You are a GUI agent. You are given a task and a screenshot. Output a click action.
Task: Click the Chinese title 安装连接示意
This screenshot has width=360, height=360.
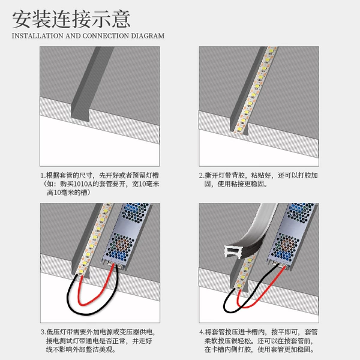tap(71, 19)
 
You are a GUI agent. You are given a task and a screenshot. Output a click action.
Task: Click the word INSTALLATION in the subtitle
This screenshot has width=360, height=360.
tap(37, 36)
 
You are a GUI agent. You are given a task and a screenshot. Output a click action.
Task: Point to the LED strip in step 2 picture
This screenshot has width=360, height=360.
tap(255, 89)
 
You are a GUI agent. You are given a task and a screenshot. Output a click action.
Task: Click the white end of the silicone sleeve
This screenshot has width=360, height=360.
tap(232, 252)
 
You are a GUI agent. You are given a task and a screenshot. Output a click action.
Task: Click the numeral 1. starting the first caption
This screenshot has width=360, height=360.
tap(43, 176)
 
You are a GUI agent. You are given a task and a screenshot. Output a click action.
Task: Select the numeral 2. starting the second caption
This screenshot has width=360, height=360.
tap(202, 176)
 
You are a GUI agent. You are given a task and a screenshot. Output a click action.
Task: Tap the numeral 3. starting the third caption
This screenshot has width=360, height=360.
tap(43, 332)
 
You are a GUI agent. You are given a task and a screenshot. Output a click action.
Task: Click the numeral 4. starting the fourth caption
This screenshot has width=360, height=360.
tap(202, 332)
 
